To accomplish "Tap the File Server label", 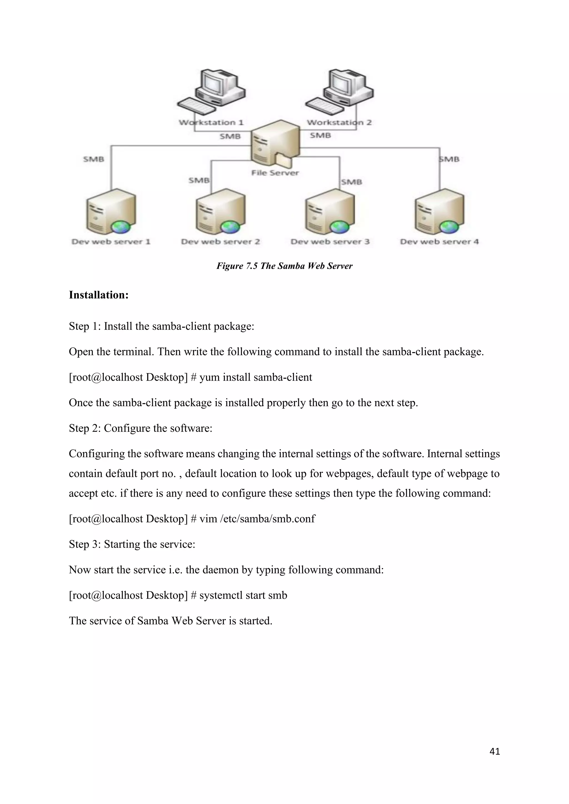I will coord(275,173).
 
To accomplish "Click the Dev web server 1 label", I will coord(111,242).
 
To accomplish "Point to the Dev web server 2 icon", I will coord(220,212).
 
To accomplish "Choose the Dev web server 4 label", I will coord(439,242).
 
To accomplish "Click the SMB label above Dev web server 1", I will coord(94,159).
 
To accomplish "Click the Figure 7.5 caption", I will coord(284,266).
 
